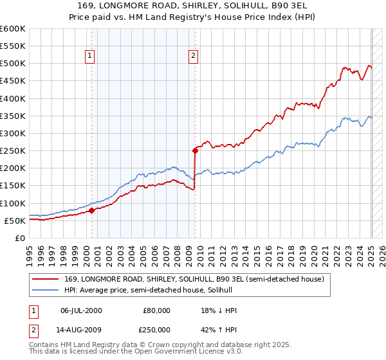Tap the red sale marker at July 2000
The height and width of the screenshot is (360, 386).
tap(91, 210)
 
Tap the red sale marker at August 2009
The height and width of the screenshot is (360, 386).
tap(194, 150)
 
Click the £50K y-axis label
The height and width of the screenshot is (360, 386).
tap(15, 221)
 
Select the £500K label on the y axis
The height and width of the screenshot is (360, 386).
tap(12, 64)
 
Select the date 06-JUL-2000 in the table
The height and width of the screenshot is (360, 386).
tap(81, 310)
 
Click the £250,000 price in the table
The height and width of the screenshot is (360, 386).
tap(157, 330)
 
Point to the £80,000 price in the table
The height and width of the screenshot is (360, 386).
tap(157, 310)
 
